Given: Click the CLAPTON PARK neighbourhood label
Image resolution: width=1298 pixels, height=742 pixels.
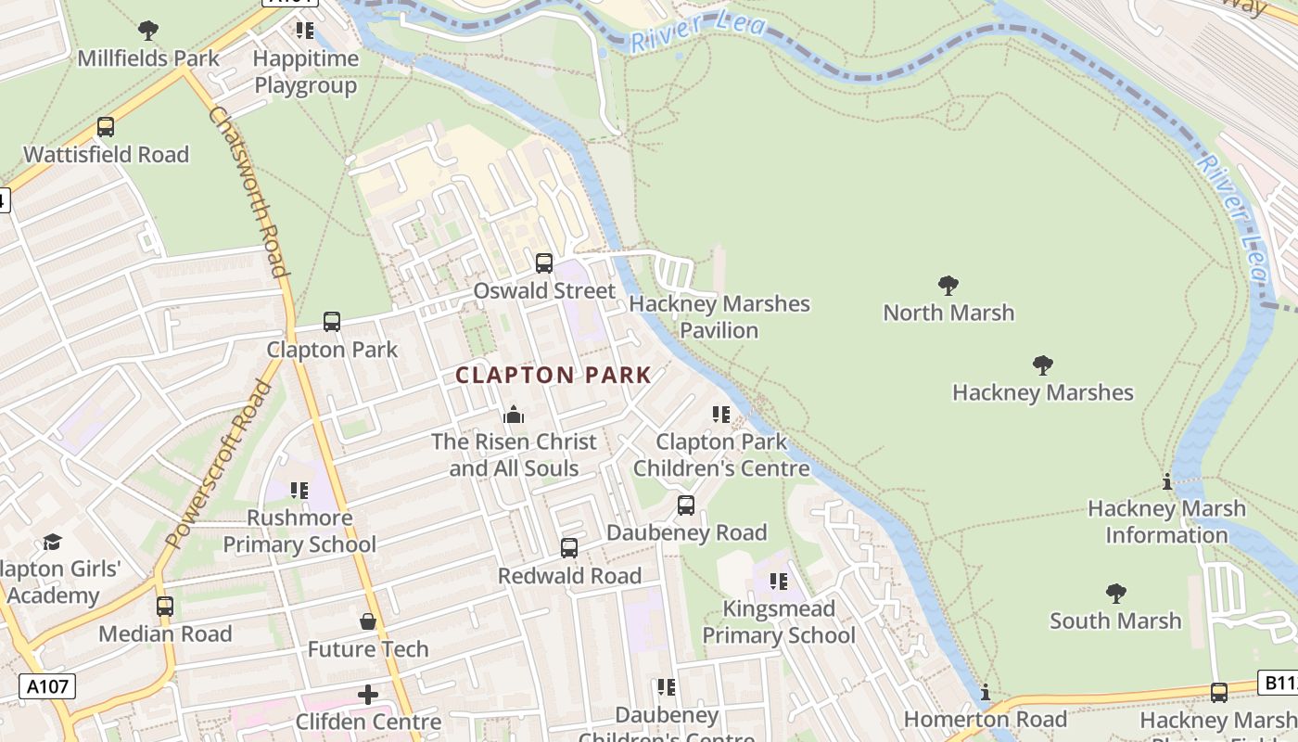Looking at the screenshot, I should pos(554,375).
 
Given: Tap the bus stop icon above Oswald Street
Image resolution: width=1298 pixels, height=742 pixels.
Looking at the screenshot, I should pos(544,263).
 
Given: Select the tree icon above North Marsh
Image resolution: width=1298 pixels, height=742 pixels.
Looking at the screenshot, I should pos(948,285).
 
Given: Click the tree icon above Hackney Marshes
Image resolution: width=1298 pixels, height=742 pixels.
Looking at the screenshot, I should pos(1043,365).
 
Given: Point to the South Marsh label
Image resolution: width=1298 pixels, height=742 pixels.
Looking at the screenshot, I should pos(1115,620).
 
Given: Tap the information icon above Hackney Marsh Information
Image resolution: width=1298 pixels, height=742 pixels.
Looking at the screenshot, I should pos(1167,482).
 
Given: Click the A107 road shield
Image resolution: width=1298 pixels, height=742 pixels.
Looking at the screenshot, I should pos(47,686).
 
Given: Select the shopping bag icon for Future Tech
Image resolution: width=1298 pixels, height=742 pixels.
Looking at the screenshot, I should pos(368,620).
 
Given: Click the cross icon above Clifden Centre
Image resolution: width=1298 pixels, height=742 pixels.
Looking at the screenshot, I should pos(368,694).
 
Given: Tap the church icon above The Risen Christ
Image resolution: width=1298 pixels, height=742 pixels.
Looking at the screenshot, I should pos(514,415).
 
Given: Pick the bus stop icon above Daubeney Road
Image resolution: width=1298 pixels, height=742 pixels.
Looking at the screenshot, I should pos(686,505).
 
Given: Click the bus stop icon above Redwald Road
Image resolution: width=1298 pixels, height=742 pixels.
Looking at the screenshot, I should pos(569,548).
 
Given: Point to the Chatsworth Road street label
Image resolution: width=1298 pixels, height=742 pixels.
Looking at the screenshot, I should pos(248,192).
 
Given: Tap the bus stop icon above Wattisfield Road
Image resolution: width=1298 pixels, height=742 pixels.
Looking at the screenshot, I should pos(106,127).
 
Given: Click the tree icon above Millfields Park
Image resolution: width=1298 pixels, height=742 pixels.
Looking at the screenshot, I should pos(148,31).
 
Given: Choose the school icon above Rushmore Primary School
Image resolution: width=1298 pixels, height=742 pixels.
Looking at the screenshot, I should pos(299,490).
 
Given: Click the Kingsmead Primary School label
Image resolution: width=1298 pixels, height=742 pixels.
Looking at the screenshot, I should pos(779,621).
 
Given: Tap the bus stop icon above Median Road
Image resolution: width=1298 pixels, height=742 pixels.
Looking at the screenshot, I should pos(165,607).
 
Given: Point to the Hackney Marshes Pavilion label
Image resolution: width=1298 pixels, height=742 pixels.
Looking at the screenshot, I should pos(719,316).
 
